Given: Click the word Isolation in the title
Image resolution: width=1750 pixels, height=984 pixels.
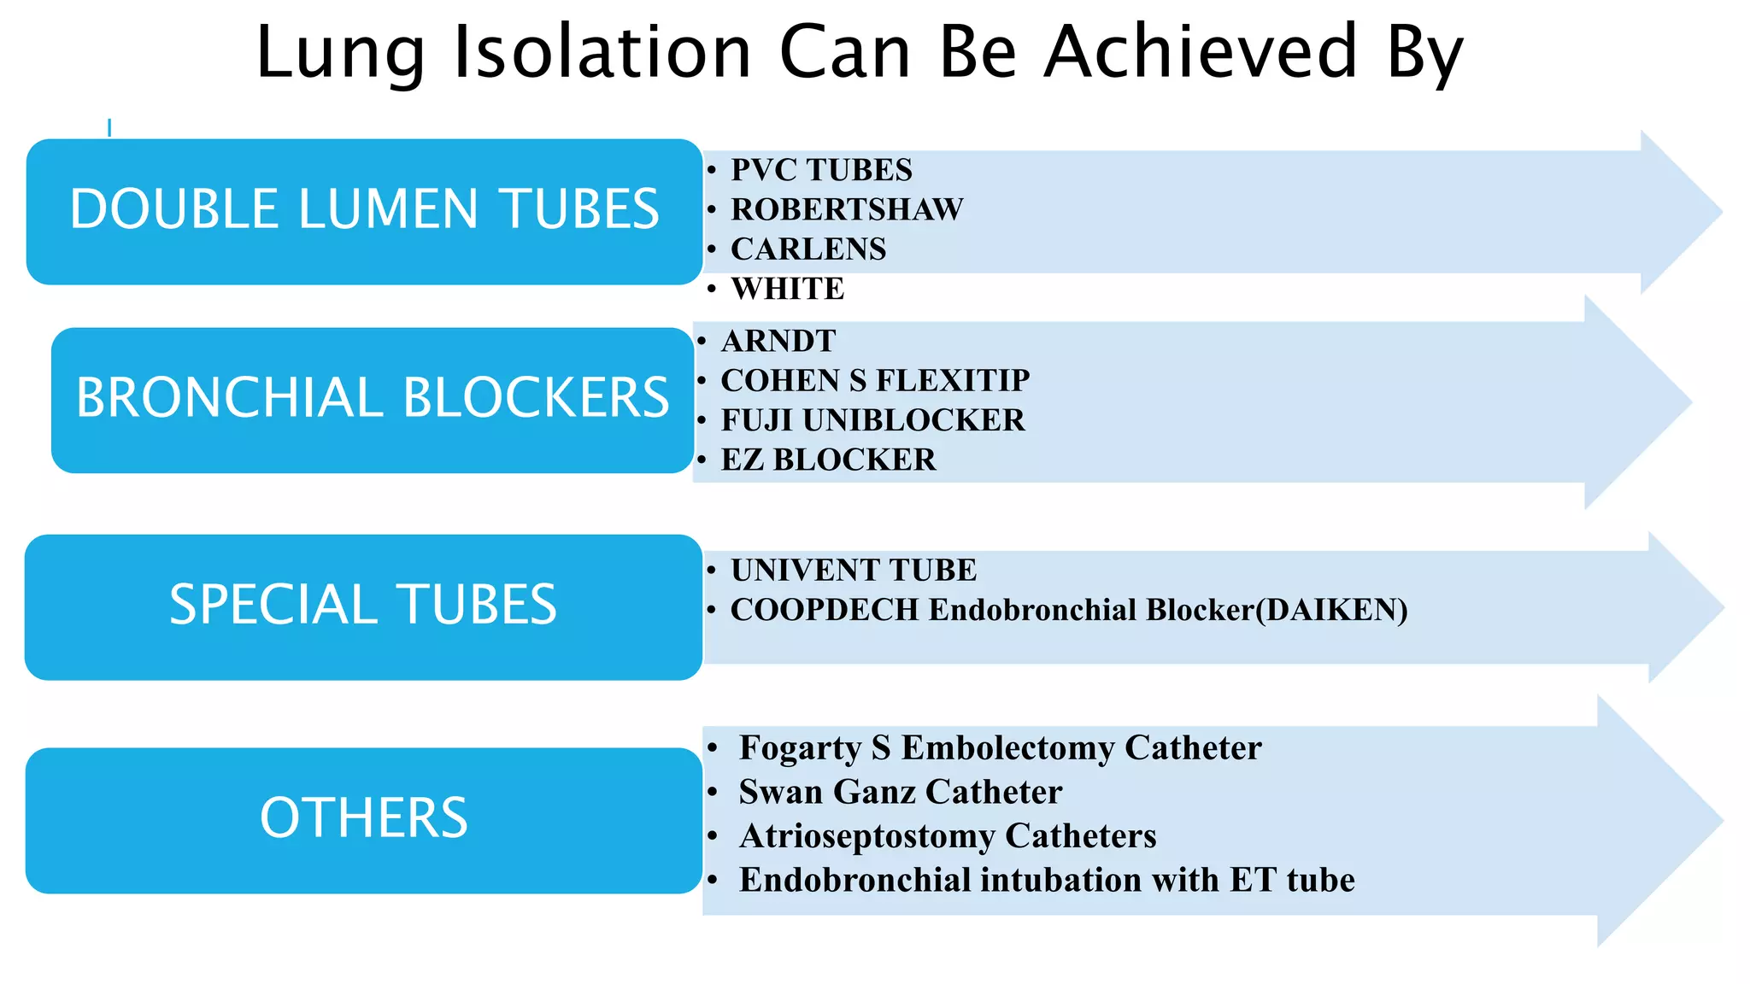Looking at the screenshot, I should [602, 53].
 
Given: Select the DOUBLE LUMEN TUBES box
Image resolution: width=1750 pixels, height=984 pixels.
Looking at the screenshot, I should [364, 211].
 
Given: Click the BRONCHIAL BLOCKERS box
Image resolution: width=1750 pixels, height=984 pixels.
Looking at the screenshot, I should [372, 400].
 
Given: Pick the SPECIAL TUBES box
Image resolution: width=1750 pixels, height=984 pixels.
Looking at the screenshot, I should [363, 606].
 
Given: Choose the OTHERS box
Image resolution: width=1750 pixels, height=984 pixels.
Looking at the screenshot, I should [363, 820].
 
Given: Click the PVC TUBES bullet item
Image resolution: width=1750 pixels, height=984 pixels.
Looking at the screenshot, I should [821, 170].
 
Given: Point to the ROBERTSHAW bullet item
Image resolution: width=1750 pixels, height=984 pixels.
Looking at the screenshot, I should [847, 209].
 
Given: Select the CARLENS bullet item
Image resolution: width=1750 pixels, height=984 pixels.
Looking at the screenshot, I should [808, 249].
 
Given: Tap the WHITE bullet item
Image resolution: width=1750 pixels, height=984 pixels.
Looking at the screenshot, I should [787, 289].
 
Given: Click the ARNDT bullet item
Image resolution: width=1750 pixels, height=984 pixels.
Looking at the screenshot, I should [778, 341].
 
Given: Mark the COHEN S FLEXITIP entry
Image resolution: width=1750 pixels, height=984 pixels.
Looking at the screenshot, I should [875, 380].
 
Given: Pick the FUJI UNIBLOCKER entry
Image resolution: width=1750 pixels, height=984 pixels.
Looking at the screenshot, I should [872, 420].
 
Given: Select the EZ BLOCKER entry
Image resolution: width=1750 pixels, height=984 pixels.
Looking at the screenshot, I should [828, 460].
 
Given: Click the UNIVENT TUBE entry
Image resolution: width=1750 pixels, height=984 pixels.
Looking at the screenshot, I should [853, 570].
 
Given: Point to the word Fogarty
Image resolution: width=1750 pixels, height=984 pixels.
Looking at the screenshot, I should [800, 747].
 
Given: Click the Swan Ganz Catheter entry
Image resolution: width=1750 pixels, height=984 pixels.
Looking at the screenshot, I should [900, 792].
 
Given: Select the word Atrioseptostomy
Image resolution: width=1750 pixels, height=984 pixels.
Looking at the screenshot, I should [866, 836].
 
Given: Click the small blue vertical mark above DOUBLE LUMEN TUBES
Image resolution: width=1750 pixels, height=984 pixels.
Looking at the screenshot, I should [109, 128].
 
